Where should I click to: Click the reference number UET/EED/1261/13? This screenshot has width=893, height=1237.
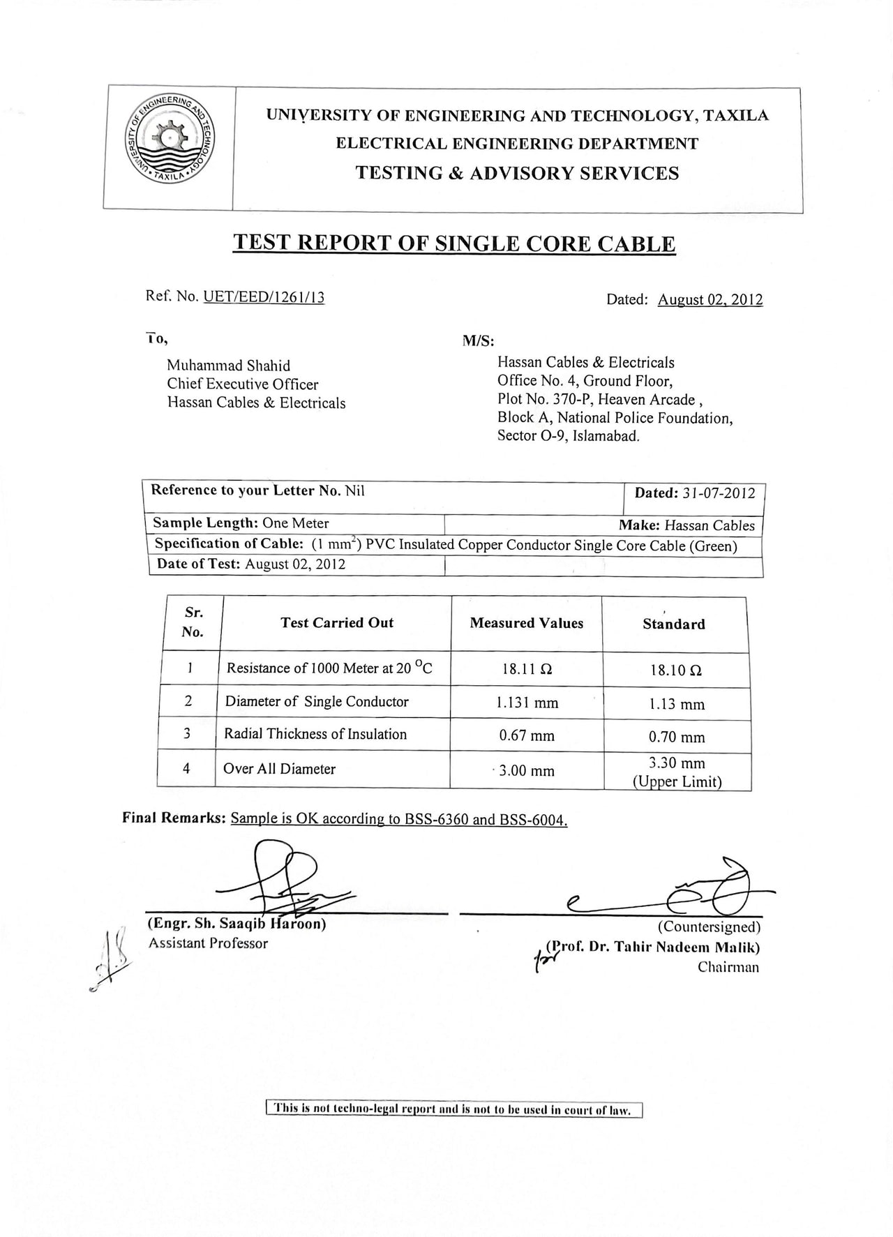coord(264,297)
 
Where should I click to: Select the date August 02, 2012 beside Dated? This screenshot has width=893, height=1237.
coord(710,300)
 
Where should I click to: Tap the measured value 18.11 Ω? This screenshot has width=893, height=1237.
coord(527,669)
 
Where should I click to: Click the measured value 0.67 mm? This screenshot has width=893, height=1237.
coord(527,735)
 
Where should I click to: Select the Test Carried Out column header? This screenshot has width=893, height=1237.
coord(337,623)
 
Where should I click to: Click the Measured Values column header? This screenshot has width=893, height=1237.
coord(527,623)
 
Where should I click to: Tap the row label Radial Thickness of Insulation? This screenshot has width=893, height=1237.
coord(315,734)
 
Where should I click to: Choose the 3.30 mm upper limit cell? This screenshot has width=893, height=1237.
coord(677,772)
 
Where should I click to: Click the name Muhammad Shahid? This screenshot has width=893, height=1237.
coord(228,366)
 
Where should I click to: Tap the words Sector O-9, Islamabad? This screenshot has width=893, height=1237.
coord(568,437)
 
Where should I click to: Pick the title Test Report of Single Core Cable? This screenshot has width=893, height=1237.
coord(453,243)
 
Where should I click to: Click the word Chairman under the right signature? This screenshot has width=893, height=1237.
coord(728,967)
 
